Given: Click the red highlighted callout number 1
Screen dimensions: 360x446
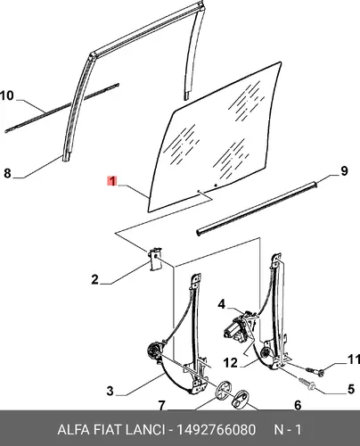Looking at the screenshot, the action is click(x=112, y=181).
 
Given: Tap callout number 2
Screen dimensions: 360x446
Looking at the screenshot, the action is click(x=94, y=279).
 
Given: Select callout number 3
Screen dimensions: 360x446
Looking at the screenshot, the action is click(x=110, y=391).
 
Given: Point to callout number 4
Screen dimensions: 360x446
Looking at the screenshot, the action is click(x=222, y=304).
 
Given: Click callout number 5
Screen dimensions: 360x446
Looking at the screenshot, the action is click(x=351, y=389).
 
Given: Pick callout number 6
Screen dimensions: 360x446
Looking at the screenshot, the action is click(x=298, y=405).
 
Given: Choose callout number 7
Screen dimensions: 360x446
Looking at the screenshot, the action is click(x=161, y=406).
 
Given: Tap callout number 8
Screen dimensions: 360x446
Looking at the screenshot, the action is click(x=7, y=173).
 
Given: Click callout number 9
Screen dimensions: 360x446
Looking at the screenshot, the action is click(x=344, y=171).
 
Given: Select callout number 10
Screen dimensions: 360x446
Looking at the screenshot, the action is click(x=7, y=95).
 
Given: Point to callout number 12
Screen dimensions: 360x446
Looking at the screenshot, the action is click(x=230, y=363).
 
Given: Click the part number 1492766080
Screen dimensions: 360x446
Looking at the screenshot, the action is click(x=216, y=430).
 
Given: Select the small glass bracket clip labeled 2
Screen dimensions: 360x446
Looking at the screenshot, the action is click(x=155, y=259).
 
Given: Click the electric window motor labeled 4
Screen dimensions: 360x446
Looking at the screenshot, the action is click(x=239, y=327).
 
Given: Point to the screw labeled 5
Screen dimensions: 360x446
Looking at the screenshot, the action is click(x=307, y=384).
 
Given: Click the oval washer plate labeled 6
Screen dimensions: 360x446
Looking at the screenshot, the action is click(x=240, y=398).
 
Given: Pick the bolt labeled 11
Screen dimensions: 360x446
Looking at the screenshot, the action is click(x=315, y=370).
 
